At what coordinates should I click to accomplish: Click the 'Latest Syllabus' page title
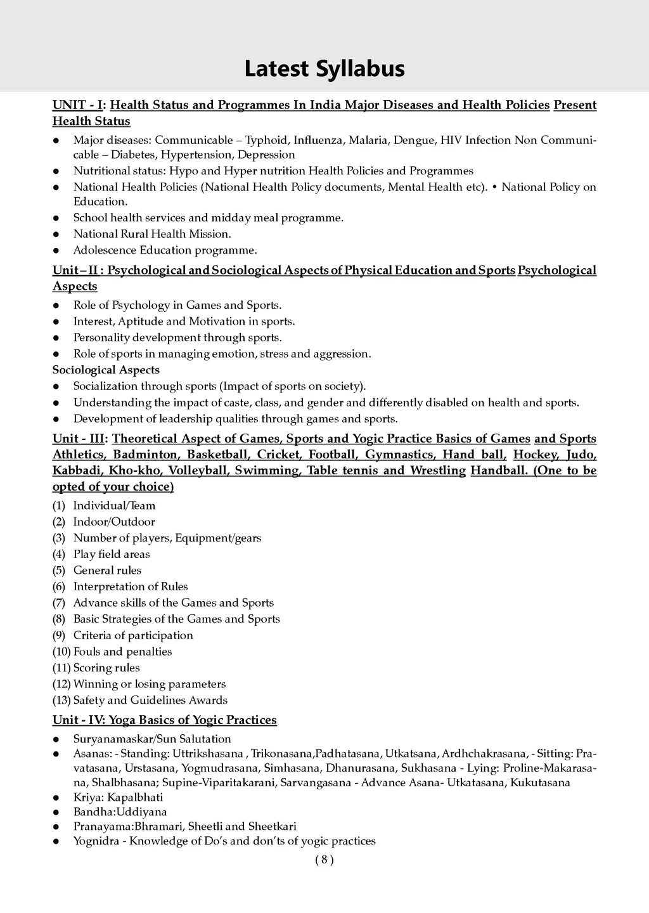click(x=324, y=68)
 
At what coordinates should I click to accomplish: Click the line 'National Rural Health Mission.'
click(x=152, y=234)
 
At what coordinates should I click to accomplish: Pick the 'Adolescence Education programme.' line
click(x=165, y=250)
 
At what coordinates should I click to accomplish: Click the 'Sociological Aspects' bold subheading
click(x=106, y=370)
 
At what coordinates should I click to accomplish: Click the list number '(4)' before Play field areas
click(x=59, y=554)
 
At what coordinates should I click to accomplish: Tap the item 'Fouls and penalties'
click(x=122, y=652)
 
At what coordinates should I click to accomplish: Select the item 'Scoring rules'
click(x=106, y=668)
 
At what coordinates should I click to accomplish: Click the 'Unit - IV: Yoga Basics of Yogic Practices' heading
click(x=165, y=720)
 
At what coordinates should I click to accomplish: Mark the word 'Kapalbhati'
click(x=135, y=798)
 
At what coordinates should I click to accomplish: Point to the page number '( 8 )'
click(x=324, y=860)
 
